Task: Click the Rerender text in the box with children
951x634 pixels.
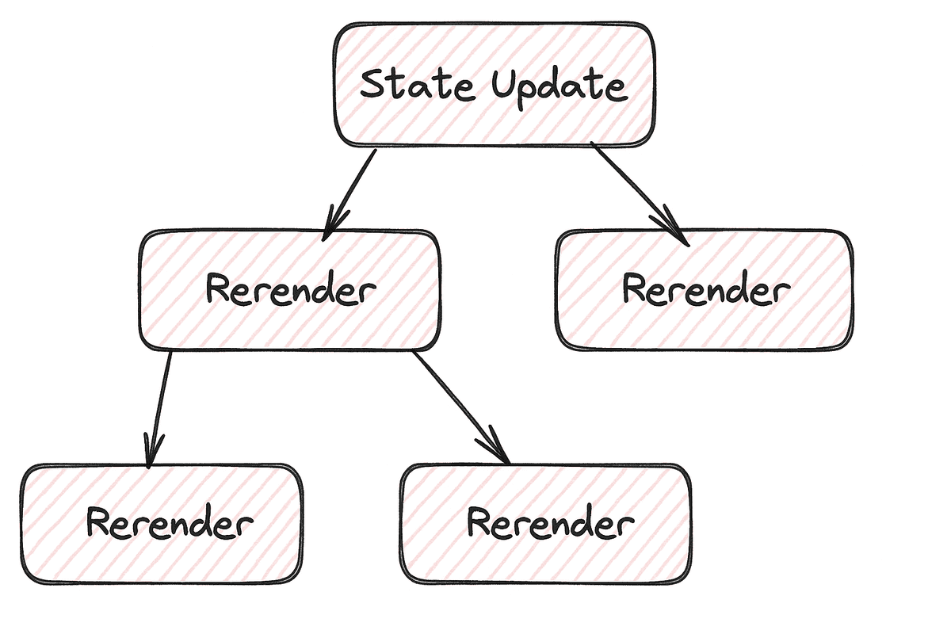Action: [290, 290]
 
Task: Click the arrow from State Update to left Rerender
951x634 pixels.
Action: [351, 190]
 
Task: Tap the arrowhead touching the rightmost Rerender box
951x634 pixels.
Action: [678, 230]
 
